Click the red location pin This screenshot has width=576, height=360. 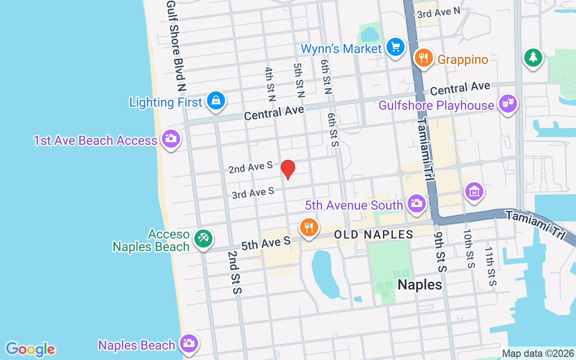[x=288, y=169]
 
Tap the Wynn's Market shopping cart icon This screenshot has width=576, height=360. [x=396, y=47]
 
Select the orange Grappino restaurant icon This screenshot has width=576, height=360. [x=423, y=58]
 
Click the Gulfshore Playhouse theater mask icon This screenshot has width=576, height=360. [x=508, y=104]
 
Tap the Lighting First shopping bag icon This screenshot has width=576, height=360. [x=216, y=100]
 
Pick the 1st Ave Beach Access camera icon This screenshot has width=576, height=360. [x=171, y=139]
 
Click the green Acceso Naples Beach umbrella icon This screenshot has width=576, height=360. [x=203, y=238]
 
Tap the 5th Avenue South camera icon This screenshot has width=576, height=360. [x=417, y=204]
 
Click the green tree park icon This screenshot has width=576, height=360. [x=533, y=57]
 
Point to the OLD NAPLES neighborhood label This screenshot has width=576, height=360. [x=373, y=234]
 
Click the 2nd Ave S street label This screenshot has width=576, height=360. [x=251, y=167]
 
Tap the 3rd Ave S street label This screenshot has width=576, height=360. [x=253, y=193]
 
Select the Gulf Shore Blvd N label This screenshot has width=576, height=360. [x=176, y=45]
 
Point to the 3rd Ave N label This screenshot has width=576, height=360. [x=439, y=13]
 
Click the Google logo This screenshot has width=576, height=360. [x=31, y=349]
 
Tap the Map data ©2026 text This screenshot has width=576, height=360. [x=538, y=353]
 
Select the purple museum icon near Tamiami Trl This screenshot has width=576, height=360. [x=474, y=191]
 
